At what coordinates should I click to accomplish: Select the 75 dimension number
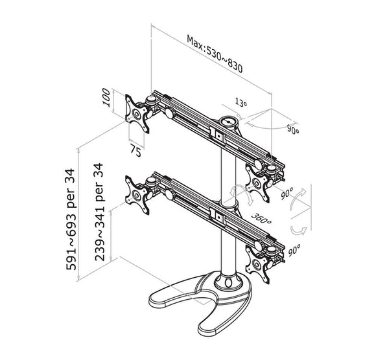135,152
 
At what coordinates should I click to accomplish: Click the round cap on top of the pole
229,120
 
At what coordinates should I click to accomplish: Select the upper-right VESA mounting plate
259,183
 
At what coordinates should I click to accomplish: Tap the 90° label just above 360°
285,194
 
